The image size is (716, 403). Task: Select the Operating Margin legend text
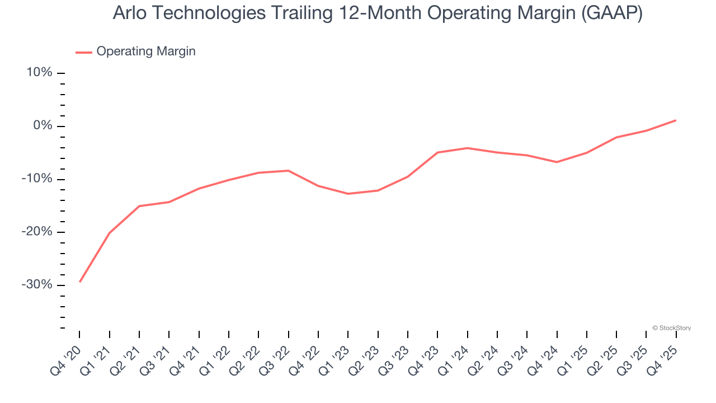(x=146, y=51)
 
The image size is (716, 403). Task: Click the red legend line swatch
(x=84, y=52)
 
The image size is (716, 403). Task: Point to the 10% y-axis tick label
(x=39, y=73)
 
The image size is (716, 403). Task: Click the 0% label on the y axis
(x=43, y=126)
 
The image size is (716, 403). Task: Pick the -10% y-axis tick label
(x=37, y=179)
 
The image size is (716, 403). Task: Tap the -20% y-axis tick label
(x=37, y=232)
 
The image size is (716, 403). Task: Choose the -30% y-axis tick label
(x=37, y=285)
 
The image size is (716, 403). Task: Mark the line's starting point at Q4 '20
(x=79, y=282)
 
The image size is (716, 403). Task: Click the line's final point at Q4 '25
(x=676, y=120)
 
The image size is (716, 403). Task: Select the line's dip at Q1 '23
(x=348, y=194)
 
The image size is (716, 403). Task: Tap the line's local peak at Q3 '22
(x=289, y=170)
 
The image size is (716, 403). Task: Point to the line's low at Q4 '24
(x=557, y=162)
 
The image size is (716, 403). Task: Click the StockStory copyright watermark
(x=671, y=328)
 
